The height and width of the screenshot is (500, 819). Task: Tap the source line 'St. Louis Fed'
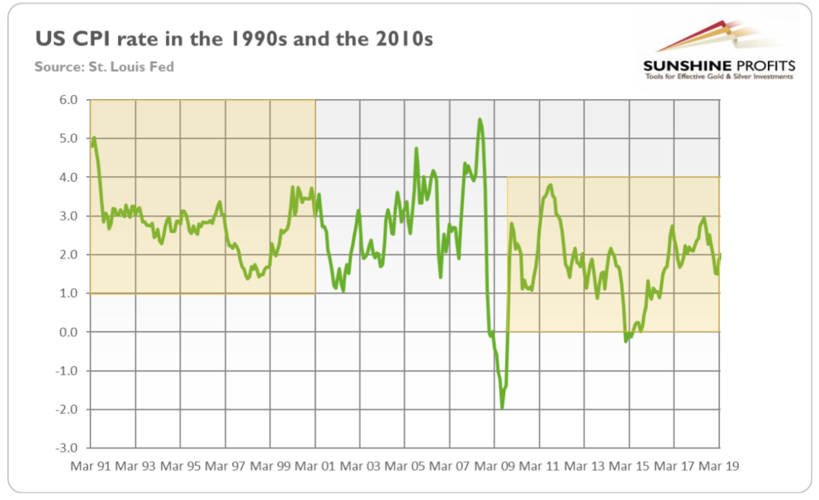(x=104, y=66)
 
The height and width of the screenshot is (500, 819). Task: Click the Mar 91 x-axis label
(x=90, y=466)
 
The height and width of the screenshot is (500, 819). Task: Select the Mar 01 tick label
(x=315, y=466)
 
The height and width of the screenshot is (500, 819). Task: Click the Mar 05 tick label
(x=405, y=466)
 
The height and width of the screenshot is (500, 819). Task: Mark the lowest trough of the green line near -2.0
(x=502, y=408)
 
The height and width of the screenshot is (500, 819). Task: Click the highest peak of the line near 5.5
(x=479, y=120)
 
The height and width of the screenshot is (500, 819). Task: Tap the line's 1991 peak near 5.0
(x=94, y=137)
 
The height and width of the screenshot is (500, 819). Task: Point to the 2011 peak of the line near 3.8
(x=550, y=185)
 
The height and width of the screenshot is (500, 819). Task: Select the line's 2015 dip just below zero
(x=625, y=341)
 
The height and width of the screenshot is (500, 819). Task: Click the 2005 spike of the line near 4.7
(x=416, y=148)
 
